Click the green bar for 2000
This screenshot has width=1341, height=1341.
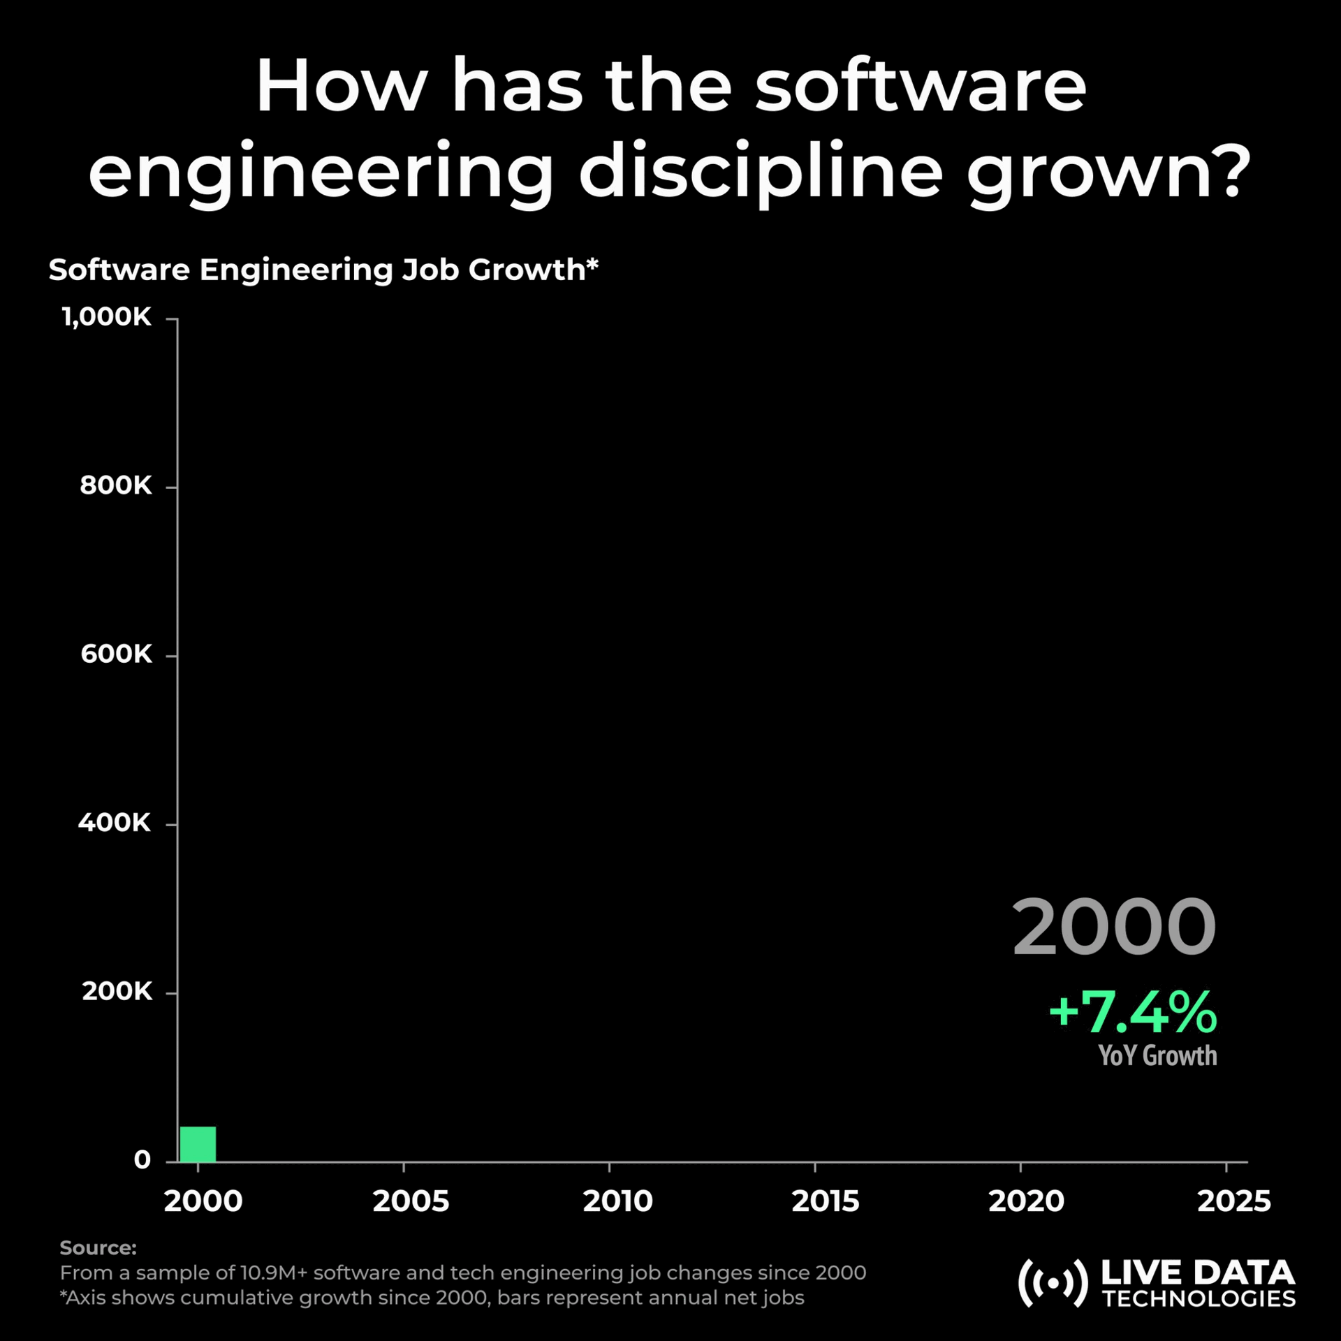click(x=198, y=1144)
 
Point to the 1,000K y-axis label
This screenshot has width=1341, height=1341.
click(x=107, y=317)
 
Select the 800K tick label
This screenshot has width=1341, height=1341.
click(x=116, y=485)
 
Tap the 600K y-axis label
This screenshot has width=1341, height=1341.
click(x=116, y=654)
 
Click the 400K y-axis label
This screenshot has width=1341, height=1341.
click(x=115, y=823)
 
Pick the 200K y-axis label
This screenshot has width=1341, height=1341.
click(x=117, y=991)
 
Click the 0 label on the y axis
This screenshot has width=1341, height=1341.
click(x=142, y=1160)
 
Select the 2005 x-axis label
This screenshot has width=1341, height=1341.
click(x=411, y=1201)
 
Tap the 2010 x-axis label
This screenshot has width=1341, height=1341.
click(x=617, y=1201)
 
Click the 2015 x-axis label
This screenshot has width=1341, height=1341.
click(x=825, y=1201)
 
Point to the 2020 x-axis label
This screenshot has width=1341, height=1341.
click(x=1026, y=1201)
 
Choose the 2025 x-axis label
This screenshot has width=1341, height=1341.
click(x=1233, y=1201)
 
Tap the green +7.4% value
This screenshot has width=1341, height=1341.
click(x=1132, y=1011)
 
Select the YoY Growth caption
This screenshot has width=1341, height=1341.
click(x=1157, y=1055)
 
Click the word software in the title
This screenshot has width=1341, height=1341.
click(x=921, y=87)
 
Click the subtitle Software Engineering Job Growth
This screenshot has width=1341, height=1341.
click(x=323, y=270)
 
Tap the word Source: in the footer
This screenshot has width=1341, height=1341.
click(x=98, y=1247)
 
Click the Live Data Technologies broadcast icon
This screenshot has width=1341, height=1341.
click(x=1053, y=1283)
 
